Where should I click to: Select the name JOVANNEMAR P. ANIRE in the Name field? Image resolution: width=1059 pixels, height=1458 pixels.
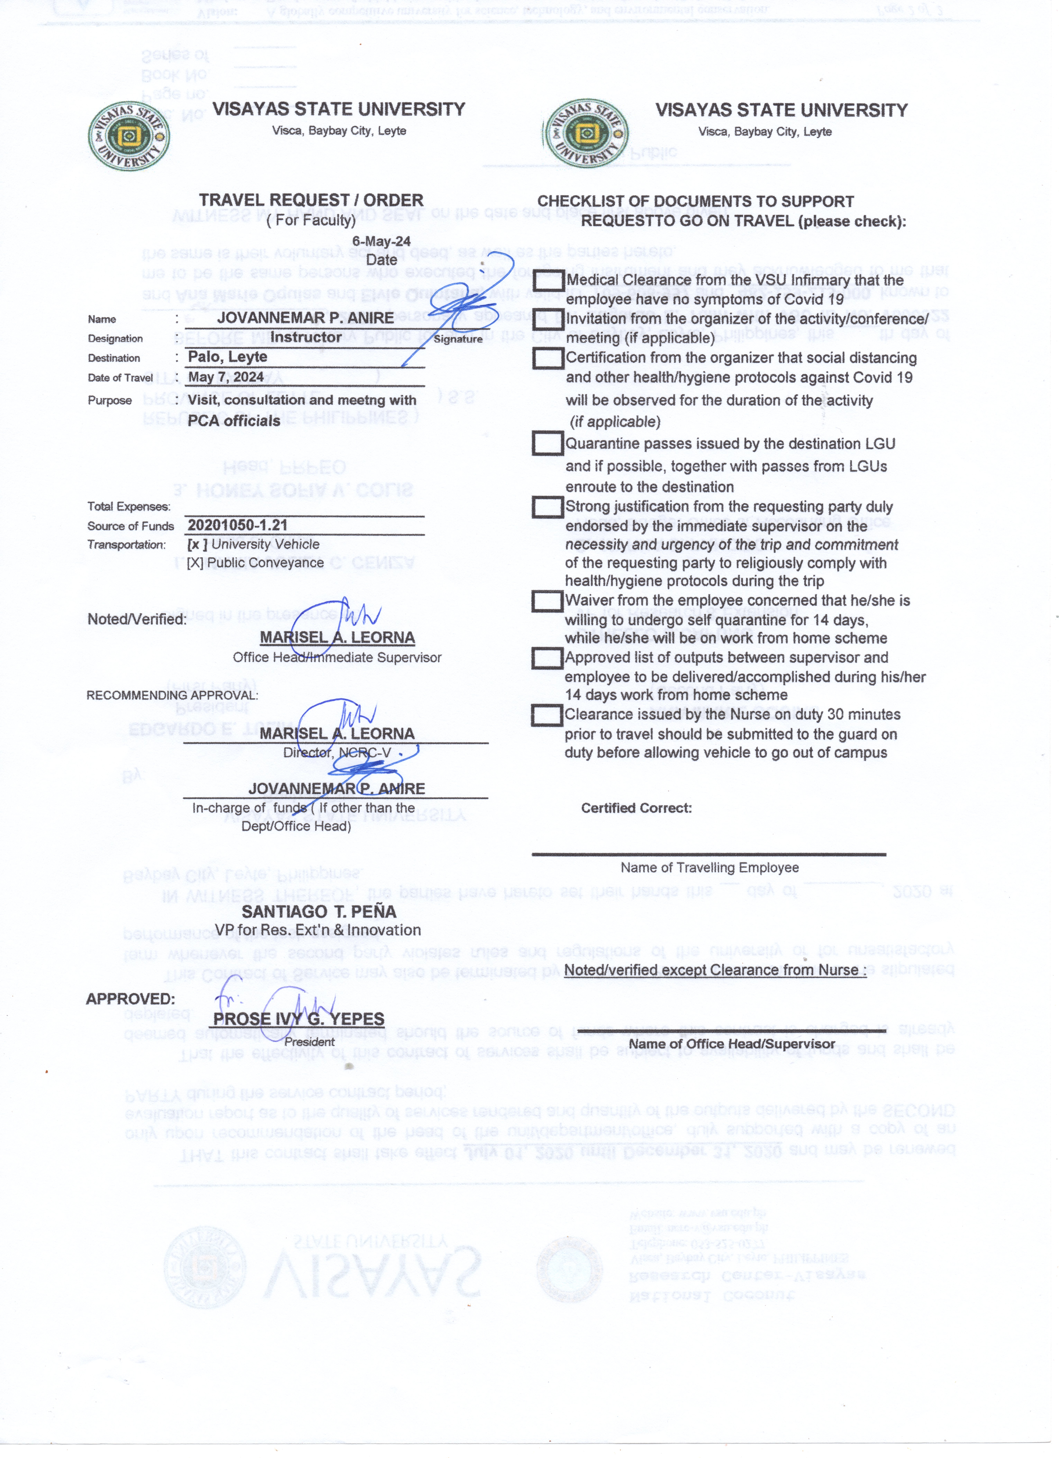(305, 318)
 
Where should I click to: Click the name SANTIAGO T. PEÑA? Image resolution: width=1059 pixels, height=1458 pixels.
(319, 912)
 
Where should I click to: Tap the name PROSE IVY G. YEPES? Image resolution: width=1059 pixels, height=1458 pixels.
(299, 1019)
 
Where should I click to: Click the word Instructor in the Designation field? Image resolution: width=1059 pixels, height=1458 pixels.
(306, 337)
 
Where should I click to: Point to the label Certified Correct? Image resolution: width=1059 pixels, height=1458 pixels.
(636, 808)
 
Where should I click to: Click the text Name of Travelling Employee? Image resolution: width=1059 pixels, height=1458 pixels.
(709, 867)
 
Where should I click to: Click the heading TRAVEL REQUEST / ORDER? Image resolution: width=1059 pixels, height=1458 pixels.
(311, 201)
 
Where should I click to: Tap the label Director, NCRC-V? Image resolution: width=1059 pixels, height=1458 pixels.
(337, 753)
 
